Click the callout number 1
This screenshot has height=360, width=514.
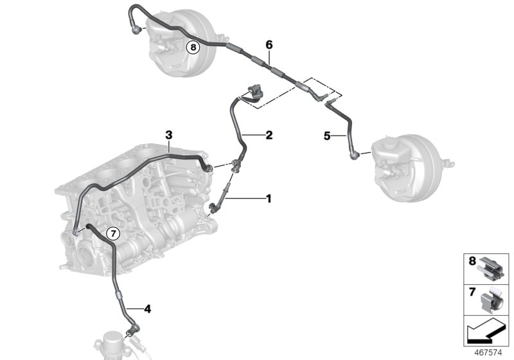coord(269,199)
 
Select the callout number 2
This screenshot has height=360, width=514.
coord(269,135)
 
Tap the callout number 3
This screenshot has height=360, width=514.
coord(168,135)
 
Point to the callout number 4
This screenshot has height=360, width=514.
coord(148,309)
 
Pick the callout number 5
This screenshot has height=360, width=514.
coord(327,136)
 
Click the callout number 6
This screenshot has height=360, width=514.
coord(269,45)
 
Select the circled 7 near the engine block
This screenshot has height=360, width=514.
coord(113,234)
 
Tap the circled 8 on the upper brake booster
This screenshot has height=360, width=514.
coord(193,47)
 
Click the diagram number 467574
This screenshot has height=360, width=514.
coord(488,353)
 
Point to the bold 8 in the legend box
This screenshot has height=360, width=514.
coord(472,261)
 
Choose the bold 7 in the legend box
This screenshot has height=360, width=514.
coord(472,292)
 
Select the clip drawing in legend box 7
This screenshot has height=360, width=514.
coord(491,300)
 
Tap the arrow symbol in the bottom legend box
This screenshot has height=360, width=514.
coord(486,332)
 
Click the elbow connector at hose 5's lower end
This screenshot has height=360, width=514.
coord(354,155)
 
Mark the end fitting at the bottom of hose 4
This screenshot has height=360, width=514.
coord(133,330)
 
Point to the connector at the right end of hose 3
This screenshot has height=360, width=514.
coord(208,168)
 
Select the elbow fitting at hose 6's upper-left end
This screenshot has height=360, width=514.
coord(136,28)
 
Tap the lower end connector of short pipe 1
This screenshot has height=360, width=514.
coord(213,207)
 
